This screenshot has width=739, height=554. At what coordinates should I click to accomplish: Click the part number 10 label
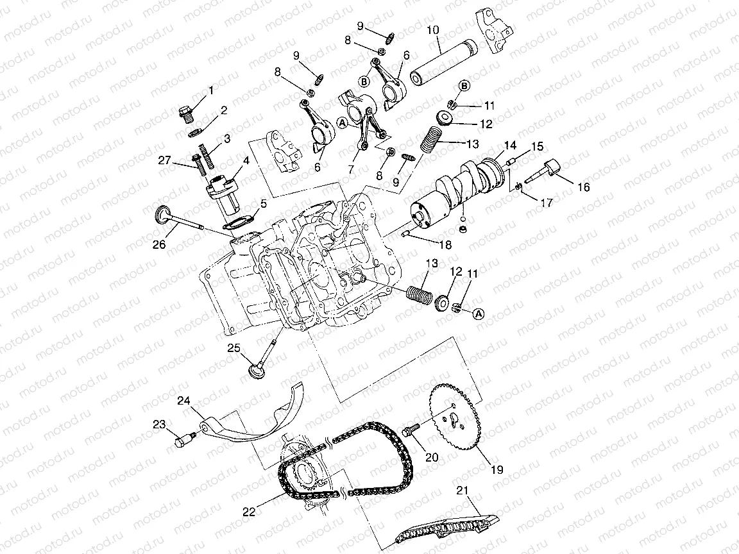(432, 30)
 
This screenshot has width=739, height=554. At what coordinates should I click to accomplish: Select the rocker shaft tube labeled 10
(441, 62)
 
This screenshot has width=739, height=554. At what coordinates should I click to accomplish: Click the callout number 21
(463, 492)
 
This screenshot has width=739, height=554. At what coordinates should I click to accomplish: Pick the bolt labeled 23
(184, 441)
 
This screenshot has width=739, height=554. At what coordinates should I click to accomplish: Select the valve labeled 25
(263, 362)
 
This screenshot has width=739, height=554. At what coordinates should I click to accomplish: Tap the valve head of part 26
(162, 213)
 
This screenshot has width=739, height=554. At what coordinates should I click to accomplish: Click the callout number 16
(583, 187)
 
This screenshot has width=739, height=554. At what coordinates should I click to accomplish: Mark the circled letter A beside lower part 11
(478, 314)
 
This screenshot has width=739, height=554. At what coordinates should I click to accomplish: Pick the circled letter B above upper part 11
(464, 85)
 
